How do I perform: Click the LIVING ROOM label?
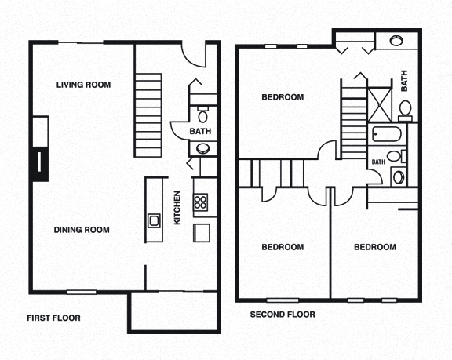point(83,85)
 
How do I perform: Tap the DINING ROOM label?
point(82,230)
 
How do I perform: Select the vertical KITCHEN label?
point(177,208)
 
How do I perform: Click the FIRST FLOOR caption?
point(54,318)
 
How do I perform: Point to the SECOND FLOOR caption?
point(282,315)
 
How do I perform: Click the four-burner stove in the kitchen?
point(201,203)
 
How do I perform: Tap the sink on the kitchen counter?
point(154,220)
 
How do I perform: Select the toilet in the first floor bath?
point(202,115)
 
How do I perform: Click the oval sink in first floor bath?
point(202,147)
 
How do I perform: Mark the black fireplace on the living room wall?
point(38,162)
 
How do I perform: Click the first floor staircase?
point(148,110)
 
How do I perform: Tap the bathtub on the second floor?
point(385,134)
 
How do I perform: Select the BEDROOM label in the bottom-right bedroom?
point(374,247)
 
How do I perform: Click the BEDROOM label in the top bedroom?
point(282,97)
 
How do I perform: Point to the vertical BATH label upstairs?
point(405,81)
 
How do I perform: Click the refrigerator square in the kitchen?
point(202,233)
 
